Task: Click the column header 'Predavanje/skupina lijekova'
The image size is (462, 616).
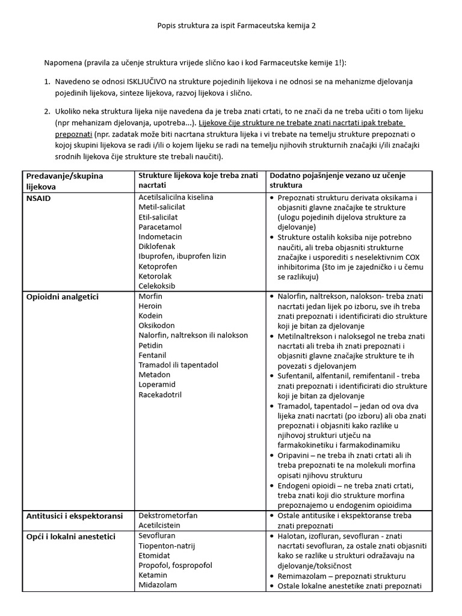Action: [64, 180]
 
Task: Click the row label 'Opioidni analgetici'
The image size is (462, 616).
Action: [63, 297]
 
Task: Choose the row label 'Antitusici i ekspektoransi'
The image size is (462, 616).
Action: [75, 516]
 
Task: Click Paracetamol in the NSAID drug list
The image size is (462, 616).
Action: [161, 226]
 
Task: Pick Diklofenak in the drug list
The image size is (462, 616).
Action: [158, 246]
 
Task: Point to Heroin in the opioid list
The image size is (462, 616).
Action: [150, 306]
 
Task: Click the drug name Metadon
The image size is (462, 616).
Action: [154, 375]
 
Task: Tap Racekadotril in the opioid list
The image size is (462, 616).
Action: [160, 395]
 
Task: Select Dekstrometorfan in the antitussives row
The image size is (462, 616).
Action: [168, 516]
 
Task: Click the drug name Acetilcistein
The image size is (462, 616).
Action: [159, 525]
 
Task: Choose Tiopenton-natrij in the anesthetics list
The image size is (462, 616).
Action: [167, 546]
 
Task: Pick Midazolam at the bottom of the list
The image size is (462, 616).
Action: [158, 585]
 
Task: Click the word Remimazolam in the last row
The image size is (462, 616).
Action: [303, 575]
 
